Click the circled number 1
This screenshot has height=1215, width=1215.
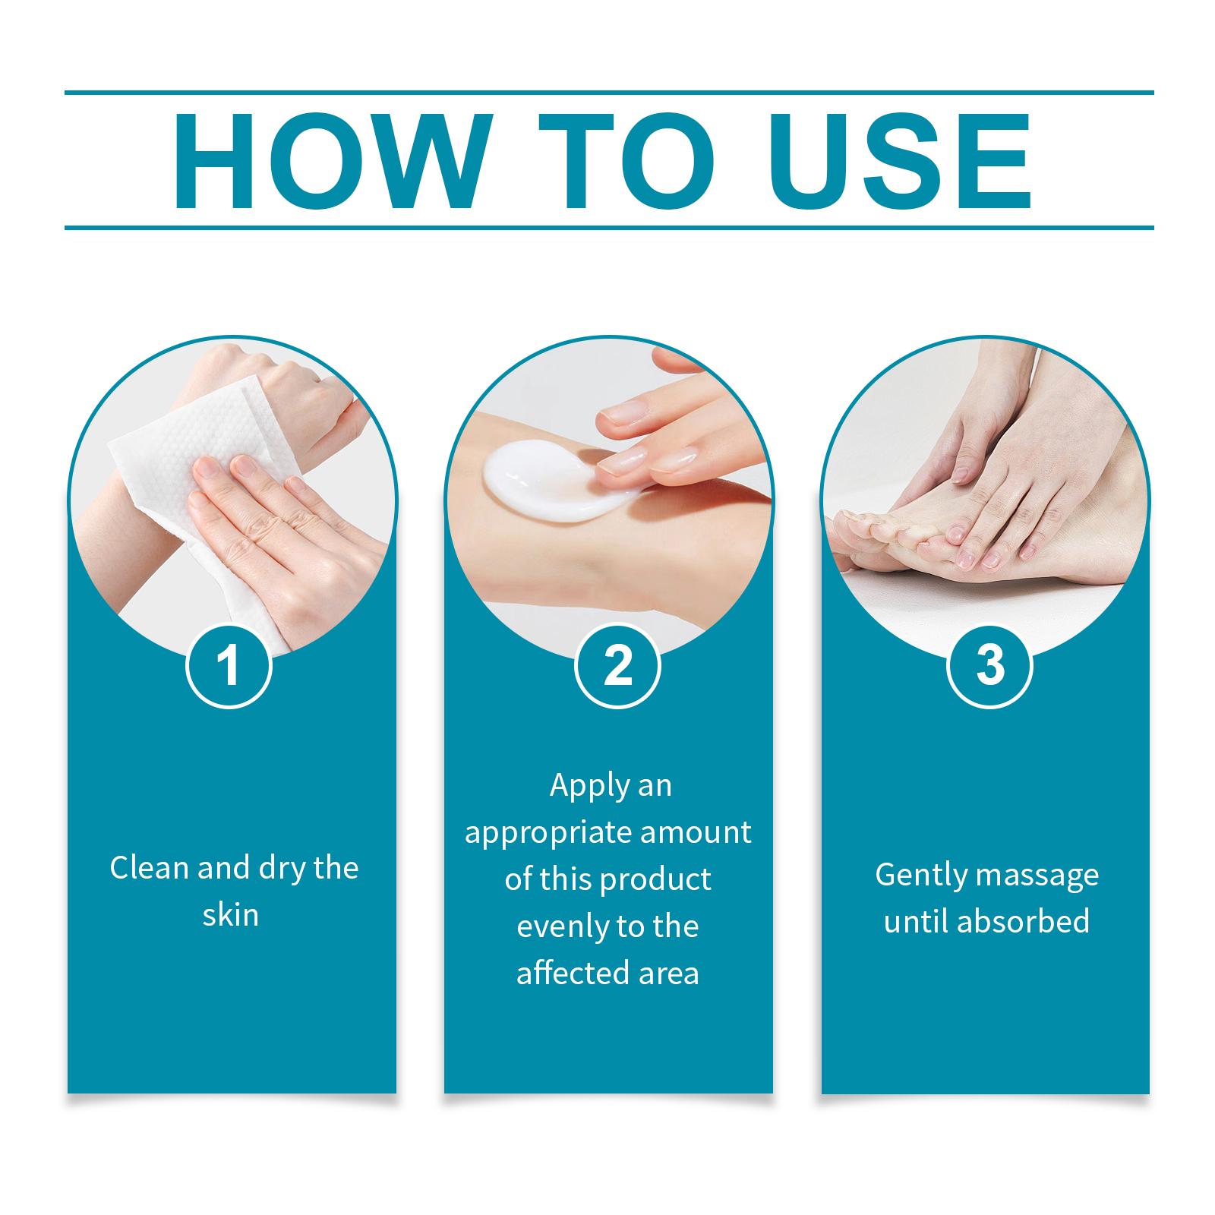pyautogui.click(x=229, y=666)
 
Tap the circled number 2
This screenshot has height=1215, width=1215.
pyautogui.click(x=617, y=666)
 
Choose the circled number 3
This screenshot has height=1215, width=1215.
pyautogui.click(x=990, y=666)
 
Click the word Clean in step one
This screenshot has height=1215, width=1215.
pyautogui.click(x=150, y=868)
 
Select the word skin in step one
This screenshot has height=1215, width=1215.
pyautogui.click(x=231, y=915)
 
